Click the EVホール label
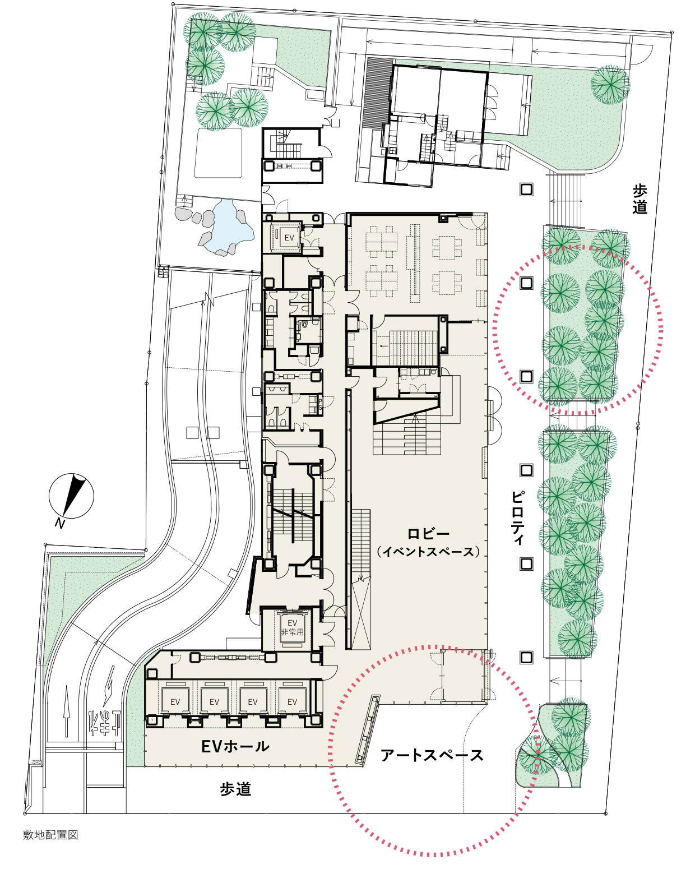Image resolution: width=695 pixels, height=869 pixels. pos(235,747)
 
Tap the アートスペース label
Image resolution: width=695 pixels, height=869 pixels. pos(432,755)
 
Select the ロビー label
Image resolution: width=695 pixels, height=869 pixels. pos(428,534)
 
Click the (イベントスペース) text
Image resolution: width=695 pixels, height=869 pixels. pos(428,552)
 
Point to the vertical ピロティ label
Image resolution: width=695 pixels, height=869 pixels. pos(518,517)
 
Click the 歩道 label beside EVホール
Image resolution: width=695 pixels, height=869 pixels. pos(235,789)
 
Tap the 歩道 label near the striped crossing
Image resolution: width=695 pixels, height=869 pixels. pos(640,198)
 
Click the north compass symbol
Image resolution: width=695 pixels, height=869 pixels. pos(72,496)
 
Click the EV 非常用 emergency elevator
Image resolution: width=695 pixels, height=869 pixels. pos(292,627)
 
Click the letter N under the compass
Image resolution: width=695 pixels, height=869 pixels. pos(60,524)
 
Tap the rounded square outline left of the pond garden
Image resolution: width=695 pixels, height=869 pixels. pos(218,153)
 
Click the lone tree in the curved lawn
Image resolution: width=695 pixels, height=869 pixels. pos(610,85)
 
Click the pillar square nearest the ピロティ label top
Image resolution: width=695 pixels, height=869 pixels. pos(526,470)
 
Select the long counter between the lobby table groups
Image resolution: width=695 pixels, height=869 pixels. pos(415,264)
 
